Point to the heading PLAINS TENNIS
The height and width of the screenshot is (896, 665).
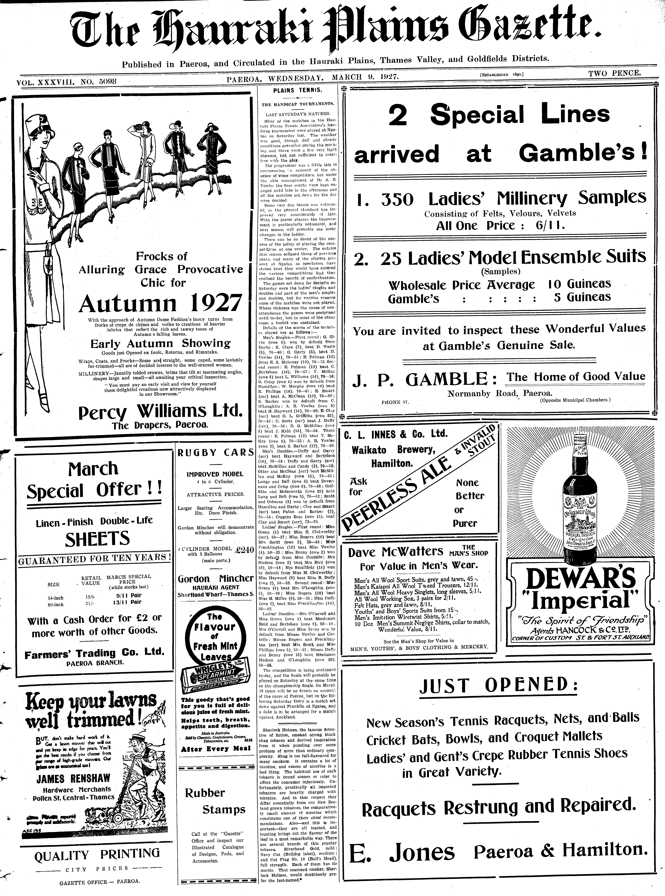click(297, 90)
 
